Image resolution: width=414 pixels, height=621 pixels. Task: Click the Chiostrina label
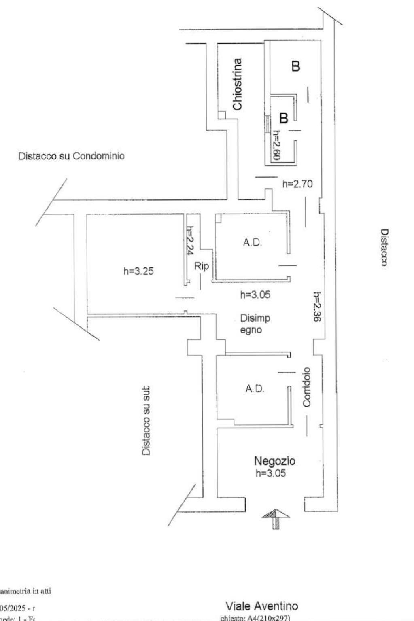(238, 84)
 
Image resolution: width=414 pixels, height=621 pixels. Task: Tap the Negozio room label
(275, 460)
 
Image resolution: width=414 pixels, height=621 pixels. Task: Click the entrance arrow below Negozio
(276, 518)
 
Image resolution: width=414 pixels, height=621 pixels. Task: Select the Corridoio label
(306, 387)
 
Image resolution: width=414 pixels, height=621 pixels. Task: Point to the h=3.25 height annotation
(138, 271)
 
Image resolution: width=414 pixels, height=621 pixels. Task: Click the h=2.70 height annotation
(297, 184)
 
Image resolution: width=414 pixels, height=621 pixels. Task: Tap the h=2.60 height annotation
(276, 146)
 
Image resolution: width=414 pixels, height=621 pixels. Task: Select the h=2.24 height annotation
(190, 240)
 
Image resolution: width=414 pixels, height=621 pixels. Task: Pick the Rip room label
(201, 266)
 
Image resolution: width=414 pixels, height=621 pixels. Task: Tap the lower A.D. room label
(255, 389)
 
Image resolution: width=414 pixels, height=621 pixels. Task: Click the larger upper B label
(296, 66)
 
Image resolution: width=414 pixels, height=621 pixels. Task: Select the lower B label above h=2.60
(284, 118)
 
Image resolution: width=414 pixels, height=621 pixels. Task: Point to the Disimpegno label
(255, 324)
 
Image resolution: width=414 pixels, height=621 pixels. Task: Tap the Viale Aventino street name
(261, 606)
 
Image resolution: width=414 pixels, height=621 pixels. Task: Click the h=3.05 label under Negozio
(271, 473)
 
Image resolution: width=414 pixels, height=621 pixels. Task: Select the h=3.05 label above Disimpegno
(255, 295)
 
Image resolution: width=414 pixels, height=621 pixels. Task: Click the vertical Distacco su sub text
(146, 420)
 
